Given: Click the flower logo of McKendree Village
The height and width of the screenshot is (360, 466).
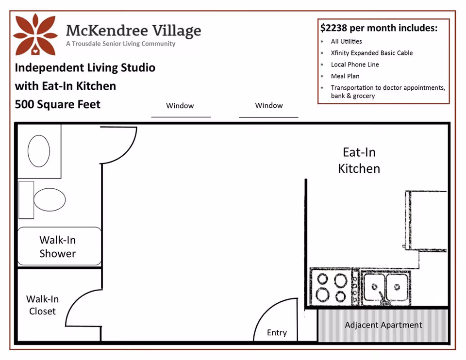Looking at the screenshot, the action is tap(35, 34).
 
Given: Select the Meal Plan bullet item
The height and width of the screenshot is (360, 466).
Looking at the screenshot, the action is tap(345, 76).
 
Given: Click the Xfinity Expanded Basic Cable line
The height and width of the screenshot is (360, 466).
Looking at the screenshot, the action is tap(372, 53).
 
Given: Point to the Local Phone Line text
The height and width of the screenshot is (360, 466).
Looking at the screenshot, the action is tap(355, 65).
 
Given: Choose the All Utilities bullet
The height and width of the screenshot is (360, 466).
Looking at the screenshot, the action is tap(346, 41).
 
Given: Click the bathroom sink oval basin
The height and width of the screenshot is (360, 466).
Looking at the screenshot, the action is tap(39, 151).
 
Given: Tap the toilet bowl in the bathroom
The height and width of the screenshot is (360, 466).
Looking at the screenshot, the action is tap(50, 199).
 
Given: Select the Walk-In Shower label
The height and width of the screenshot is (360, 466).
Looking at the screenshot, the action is tap(58, 246).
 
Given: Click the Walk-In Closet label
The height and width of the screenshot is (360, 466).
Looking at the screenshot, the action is tap(43, 305).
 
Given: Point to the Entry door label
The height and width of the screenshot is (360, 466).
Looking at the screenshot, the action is tap(277, 333).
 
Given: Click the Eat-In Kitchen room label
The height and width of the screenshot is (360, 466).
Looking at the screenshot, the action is tap(359, 161).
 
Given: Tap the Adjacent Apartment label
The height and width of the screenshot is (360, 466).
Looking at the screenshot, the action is tap(383, 325).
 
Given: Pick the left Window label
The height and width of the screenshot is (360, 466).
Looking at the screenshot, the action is tap(180, 106).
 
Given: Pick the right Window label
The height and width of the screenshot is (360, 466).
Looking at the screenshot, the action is tap(268, 105).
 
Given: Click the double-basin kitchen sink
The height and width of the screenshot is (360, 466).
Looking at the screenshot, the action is tap(386, 287).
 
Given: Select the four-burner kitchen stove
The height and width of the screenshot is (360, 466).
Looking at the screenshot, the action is tap(332, 287).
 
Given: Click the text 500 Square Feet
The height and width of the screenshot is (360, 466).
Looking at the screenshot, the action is tap(58, 104).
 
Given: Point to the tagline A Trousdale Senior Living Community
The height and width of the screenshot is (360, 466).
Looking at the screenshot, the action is tap(121, 44).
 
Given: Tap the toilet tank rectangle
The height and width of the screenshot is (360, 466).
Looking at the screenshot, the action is tap(26, 200).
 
